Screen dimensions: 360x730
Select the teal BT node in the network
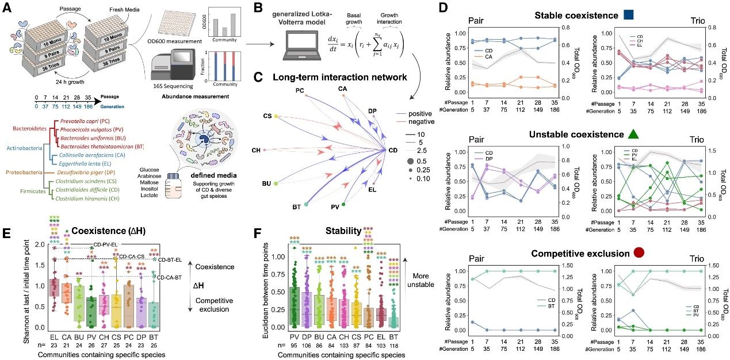[306, 204]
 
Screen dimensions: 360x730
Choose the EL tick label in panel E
[55, 336]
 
